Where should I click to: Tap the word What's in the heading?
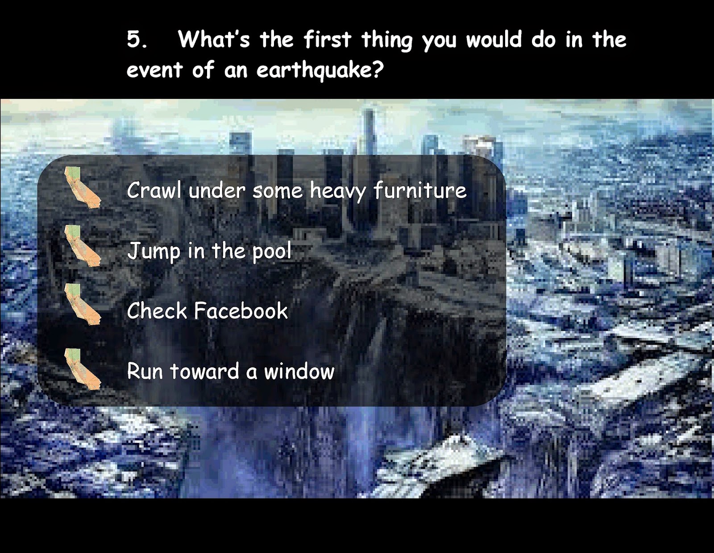point(214,39)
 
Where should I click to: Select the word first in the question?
point(328,39)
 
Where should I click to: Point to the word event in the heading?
point(154,70)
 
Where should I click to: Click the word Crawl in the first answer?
point(154,190)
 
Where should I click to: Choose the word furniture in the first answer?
point(420,190)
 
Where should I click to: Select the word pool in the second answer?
point(272,252)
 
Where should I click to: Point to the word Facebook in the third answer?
point(241,311)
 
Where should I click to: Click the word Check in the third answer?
point(157,311)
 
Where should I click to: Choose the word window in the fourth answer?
point(299,371)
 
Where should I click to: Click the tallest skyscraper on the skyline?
point(369,132)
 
